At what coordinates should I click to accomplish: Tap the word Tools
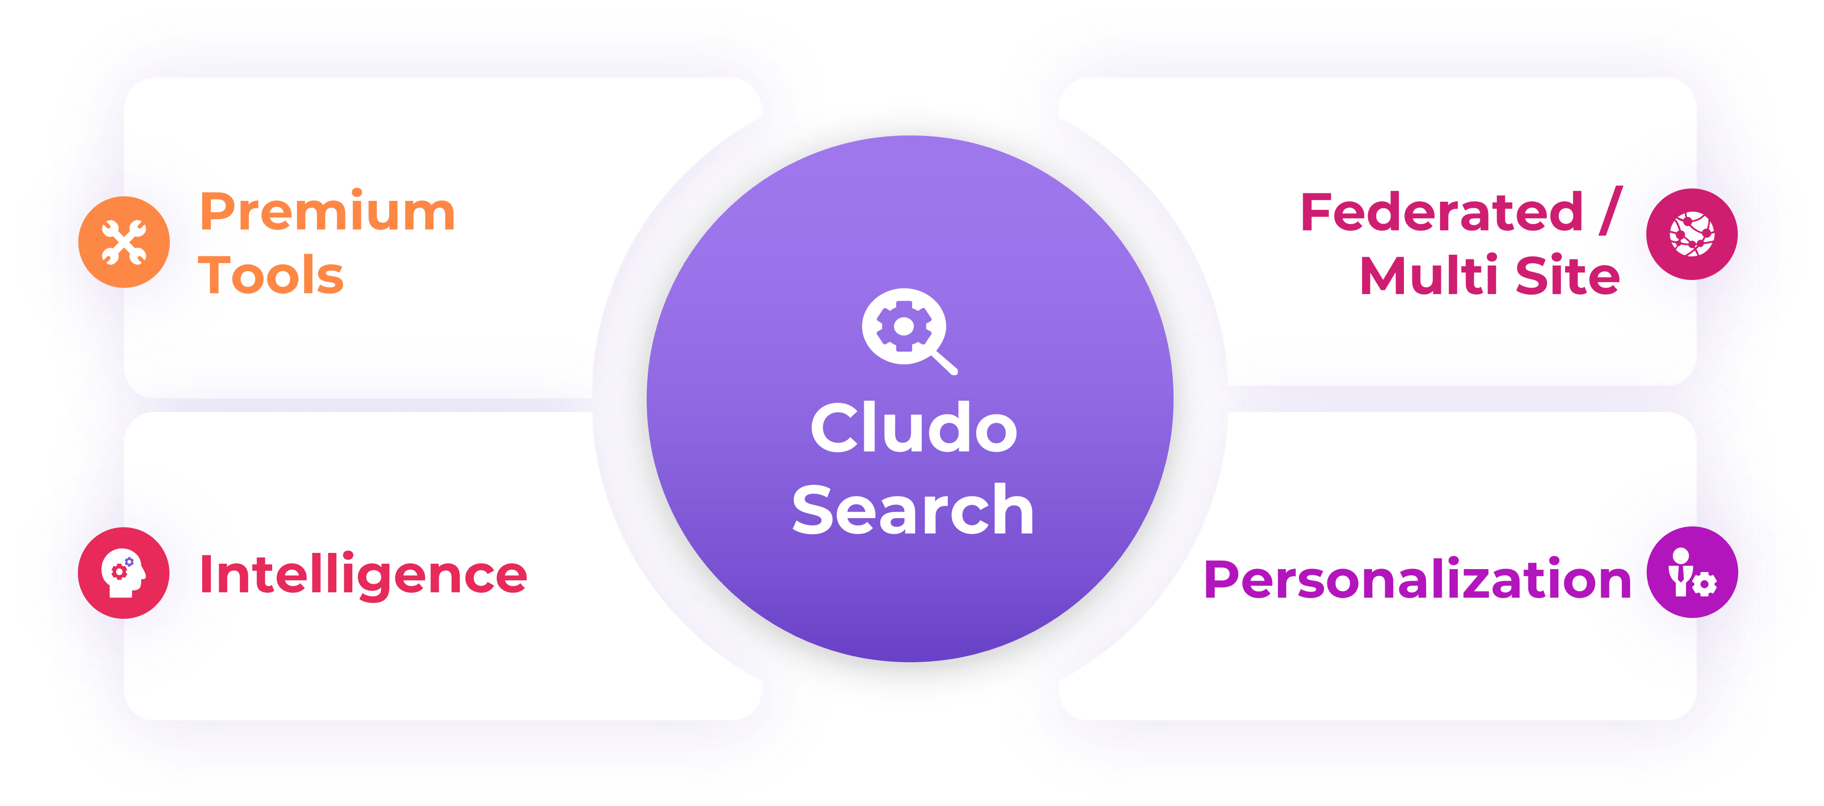coord(271,275)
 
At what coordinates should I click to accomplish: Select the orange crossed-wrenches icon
coord(124,242)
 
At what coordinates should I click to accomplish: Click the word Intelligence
coord(363,575)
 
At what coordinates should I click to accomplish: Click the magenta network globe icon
coord(1692,234)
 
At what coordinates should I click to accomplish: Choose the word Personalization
coord(1418,579)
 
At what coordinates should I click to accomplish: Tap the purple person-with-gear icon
coord(1692,572)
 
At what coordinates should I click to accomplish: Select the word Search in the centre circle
coord(914,509)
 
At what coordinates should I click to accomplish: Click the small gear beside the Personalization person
coord(1707,585)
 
